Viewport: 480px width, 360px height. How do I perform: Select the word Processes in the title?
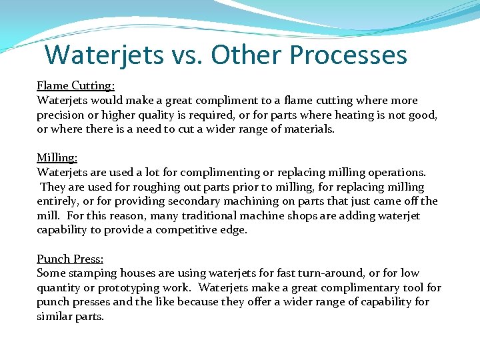[309, 55]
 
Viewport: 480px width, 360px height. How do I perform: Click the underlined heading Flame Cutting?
[75, 86]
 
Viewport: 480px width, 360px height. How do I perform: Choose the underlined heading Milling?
[57, 158]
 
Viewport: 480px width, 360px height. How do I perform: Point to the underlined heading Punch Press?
[70, 259]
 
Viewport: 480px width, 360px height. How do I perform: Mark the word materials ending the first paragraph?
[308, 129]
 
